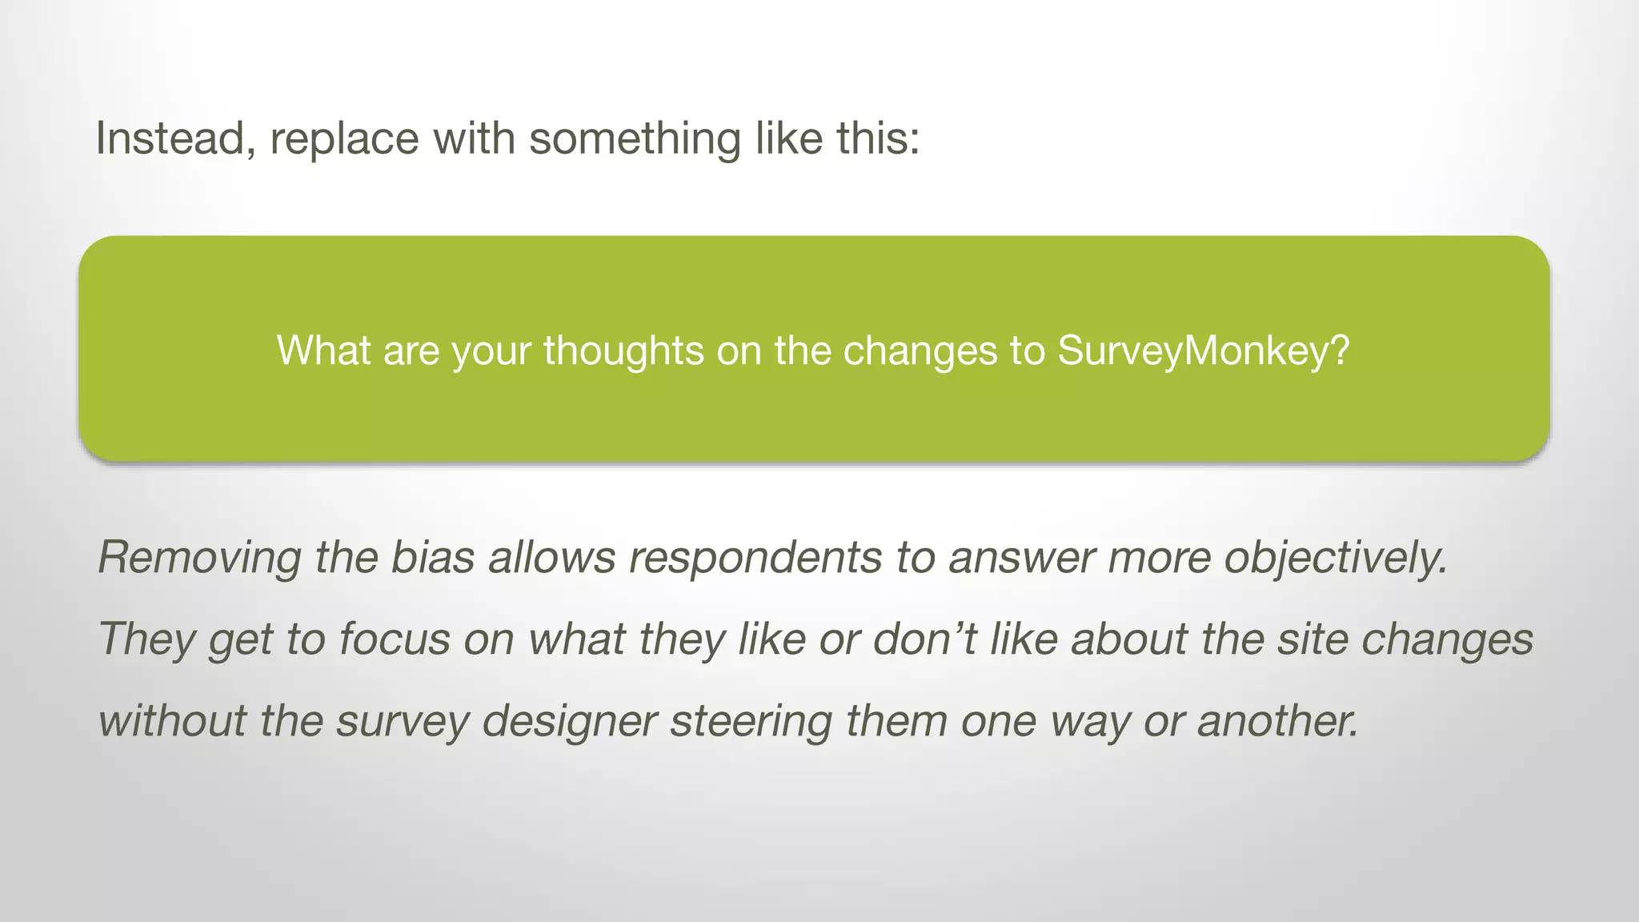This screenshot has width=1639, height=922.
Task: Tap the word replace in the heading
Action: pos(344,138)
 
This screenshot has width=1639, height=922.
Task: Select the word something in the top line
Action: pos(635,138)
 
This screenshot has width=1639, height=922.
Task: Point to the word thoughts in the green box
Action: pos(623,350)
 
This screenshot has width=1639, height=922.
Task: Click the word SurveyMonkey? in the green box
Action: pos(1204,350)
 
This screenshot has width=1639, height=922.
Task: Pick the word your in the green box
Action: pos(491,350)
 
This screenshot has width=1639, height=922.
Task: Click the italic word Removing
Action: pos(199,557)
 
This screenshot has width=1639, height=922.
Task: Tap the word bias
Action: pos(432,557)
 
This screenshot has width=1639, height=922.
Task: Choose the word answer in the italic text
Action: pos(1021,557)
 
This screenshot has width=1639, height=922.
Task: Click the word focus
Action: pos(395,639)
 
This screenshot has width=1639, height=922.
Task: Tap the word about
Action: pos(1129,639)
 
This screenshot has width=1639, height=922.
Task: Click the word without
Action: pos(172,720)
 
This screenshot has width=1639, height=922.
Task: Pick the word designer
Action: pos(570,720)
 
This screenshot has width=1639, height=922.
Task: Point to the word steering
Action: pos(751,720)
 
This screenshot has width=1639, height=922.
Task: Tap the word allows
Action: pos(552,557)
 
